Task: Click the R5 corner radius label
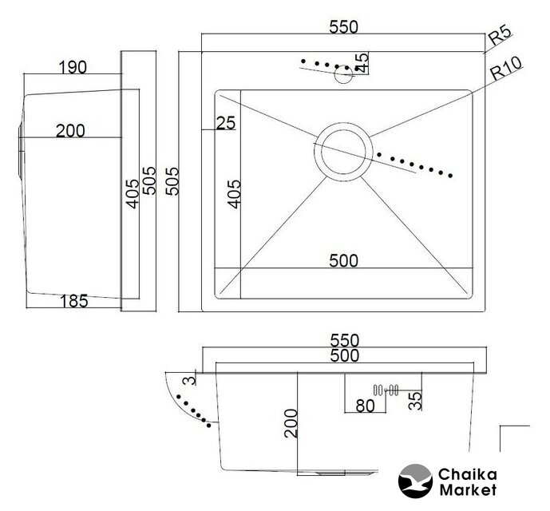499,35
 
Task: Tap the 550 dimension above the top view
344,26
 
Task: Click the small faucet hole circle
344,76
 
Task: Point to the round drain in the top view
343,151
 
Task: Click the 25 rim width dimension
226,123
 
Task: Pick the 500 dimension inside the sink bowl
344,260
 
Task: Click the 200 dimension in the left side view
70,131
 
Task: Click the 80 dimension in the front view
365,406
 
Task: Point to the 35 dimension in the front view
415,400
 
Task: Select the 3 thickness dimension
188,381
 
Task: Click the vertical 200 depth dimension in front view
290,422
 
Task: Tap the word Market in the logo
467,490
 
